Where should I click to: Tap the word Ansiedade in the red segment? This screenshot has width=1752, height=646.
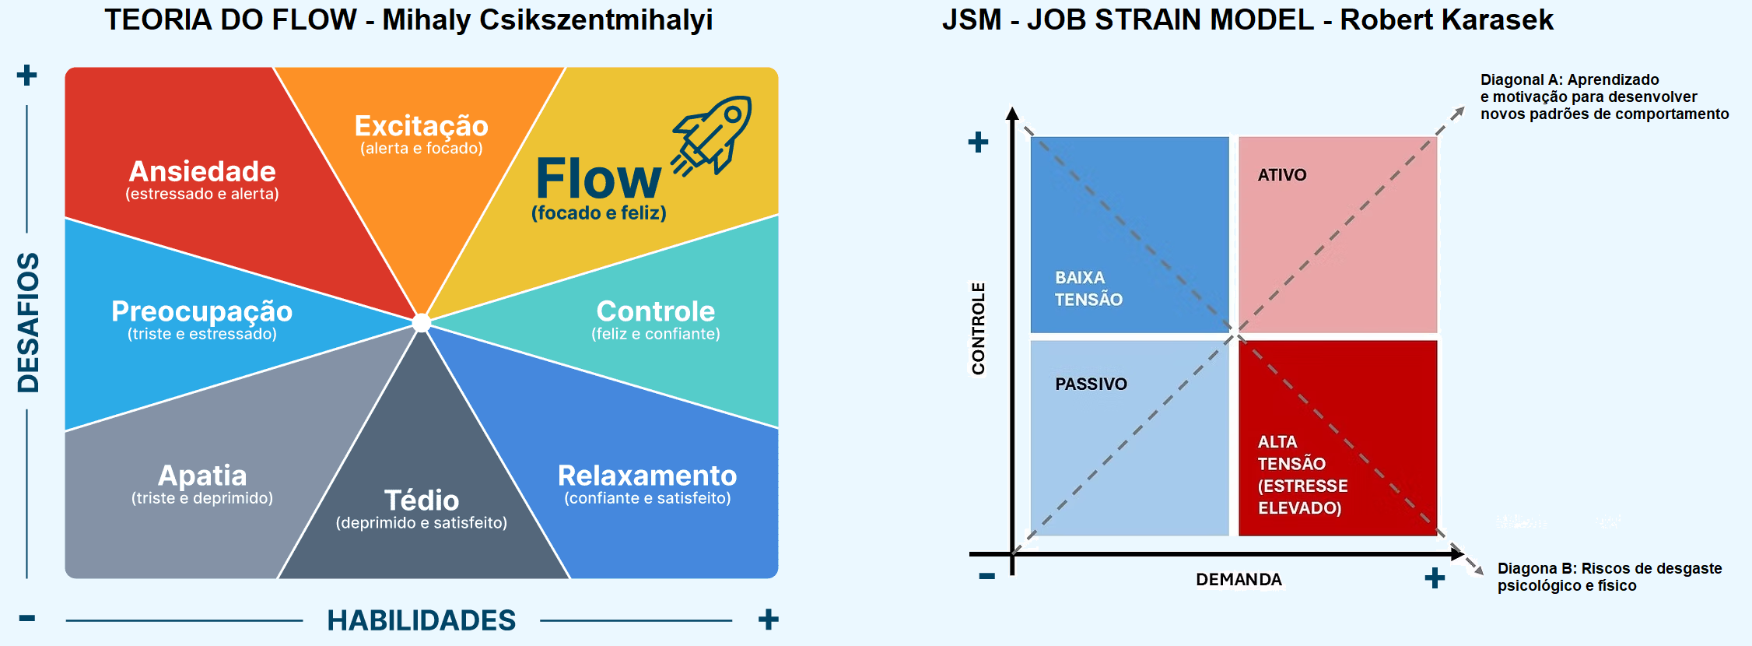202,171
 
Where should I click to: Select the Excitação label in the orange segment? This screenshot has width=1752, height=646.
421,126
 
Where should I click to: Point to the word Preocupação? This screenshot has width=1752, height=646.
201,311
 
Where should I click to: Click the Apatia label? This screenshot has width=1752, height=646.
202,476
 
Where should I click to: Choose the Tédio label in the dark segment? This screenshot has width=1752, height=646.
422,500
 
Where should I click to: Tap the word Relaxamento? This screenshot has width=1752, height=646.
647,476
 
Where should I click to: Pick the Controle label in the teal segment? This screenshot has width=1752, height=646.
656,311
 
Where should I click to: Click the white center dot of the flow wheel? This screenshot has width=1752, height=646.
422,322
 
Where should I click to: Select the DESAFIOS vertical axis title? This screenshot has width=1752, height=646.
29,322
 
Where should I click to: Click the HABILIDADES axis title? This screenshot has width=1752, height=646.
421,620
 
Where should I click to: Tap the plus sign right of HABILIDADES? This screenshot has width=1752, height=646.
768,620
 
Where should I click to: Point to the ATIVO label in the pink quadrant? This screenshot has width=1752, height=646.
1282,175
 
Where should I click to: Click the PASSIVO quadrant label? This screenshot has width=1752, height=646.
1091,384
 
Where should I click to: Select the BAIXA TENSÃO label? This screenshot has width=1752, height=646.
1088,289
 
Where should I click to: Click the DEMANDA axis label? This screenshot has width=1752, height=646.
1239,580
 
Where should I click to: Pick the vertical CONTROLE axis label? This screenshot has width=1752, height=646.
978,328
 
